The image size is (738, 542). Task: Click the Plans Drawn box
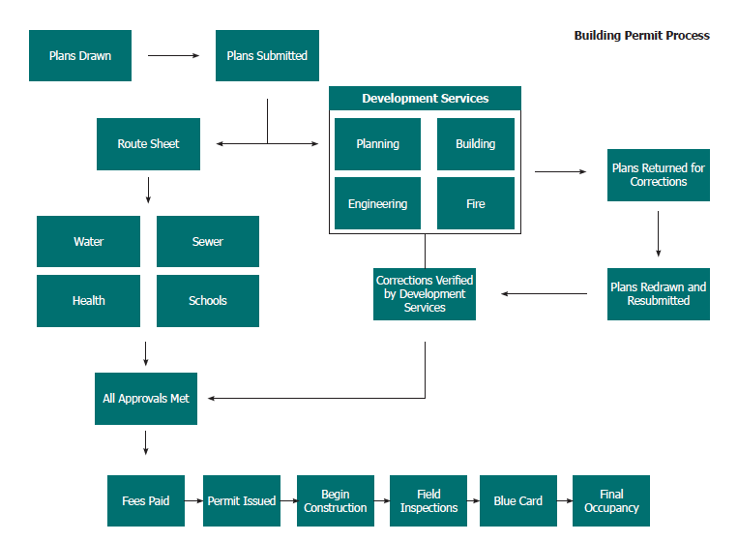point(80,56)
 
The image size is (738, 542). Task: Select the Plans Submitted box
point(267,56)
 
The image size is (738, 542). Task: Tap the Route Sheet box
point(148,144)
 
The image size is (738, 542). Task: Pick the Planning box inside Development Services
point(377,144)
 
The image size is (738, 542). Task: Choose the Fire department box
point(476,203)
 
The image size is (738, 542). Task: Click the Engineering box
point(377,203)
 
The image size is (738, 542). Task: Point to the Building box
point(476,144)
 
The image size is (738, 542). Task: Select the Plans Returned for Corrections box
point(658,174)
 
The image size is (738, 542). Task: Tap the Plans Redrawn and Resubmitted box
point(658,293)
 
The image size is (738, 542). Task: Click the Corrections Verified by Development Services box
point(425,293)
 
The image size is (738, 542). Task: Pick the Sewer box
point(207,241)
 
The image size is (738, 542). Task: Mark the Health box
point(88,300)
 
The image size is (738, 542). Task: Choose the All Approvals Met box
point(146,398)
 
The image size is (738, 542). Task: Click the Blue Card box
point(518,500)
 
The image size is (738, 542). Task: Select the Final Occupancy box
point(611,500)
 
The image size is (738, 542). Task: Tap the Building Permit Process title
point(641,36)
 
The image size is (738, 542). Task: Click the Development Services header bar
point(425,98)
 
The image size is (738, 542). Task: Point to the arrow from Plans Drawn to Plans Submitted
point(173,56)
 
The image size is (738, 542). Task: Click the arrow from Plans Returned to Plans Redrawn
point(658,233)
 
